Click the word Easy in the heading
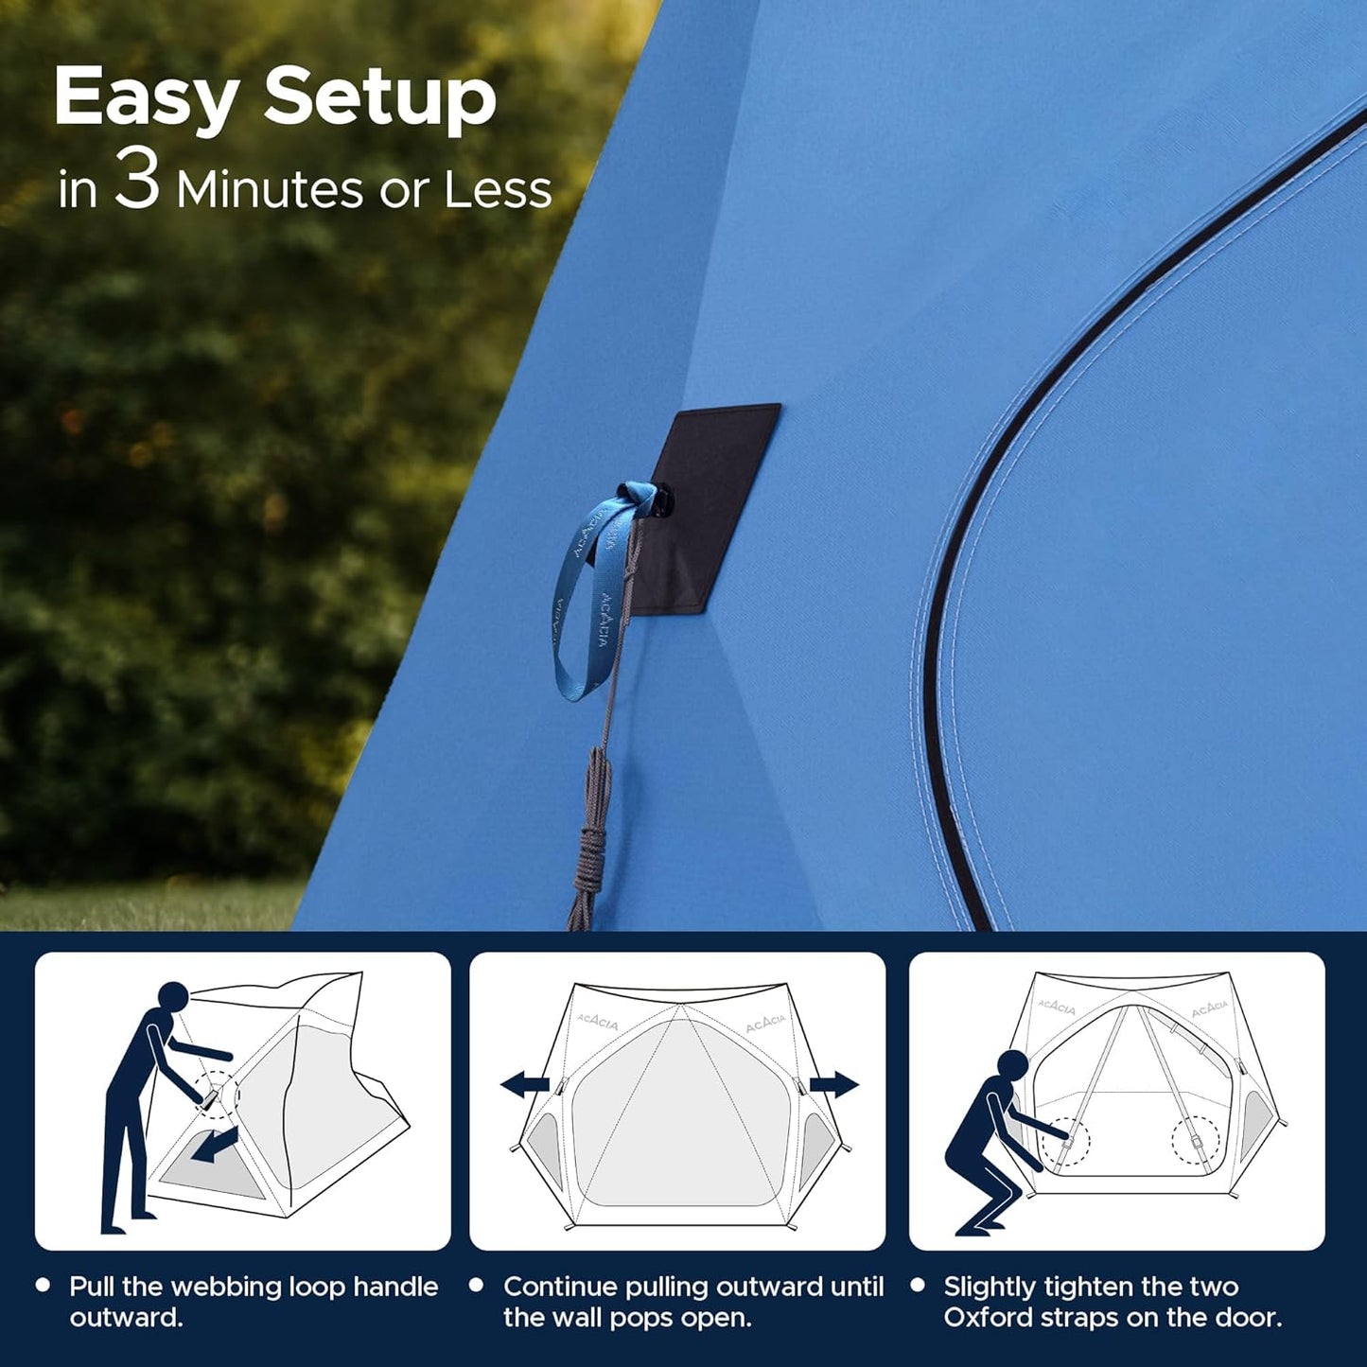[143, 100]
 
